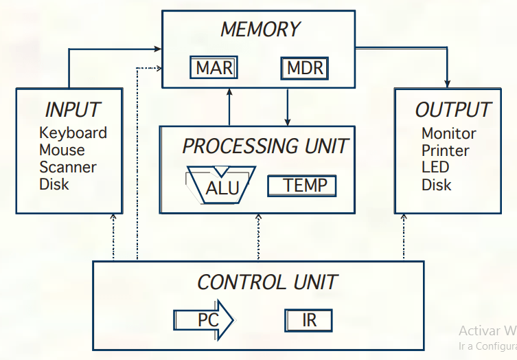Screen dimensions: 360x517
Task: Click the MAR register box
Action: click(x=214, y=68)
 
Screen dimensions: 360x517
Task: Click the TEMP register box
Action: click(x=301, y=185)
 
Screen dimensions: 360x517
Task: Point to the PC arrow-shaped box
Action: click(x=204, y=320)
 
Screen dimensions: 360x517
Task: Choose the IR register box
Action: click(x=309, y=320)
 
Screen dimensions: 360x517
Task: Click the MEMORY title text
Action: click(x=260, y=30)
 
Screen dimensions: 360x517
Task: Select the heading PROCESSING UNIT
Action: click(x=265, y=146)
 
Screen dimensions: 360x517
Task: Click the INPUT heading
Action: click(x=72, y=110)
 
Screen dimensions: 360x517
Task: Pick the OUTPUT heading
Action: click(x=452, y=110)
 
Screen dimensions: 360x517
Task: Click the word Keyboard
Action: click(x=73, y=133)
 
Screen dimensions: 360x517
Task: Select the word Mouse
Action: click(x=62, y=150)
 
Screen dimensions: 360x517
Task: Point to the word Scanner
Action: click(x=67, y=167)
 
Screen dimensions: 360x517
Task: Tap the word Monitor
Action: click(x=448, y=133)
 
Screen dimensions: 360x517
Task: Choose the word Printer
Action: click(x=445, y=150)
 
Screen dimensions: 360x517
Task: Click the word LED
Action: click(x=435, y=168)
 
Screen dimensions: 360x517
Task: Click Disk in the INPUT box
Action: click(x=54, y=184)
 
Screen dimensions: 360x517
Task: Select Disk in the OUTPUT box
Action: click(x=436, y=185)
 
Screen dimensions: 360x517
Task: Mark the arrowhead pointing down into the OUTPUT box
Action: click(x=448, y=82)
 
